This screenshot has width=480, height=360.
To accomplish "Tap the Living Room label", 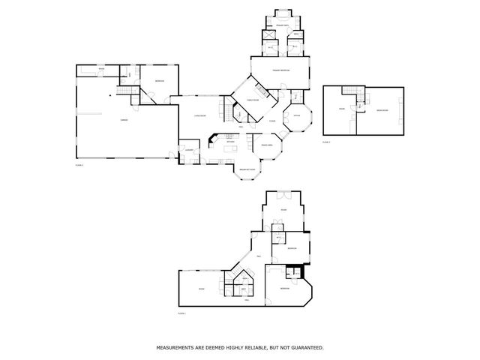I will click(x=200, y=116).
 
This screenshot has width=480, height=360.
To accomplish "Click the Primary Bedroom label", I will click(x=281, y=70).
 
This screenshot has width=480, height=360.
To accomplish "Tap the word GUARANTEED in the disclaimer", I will click(x=302, y=348).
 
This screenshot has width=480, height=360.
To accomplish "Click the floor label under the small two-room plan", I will click(x=326, y=140).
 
